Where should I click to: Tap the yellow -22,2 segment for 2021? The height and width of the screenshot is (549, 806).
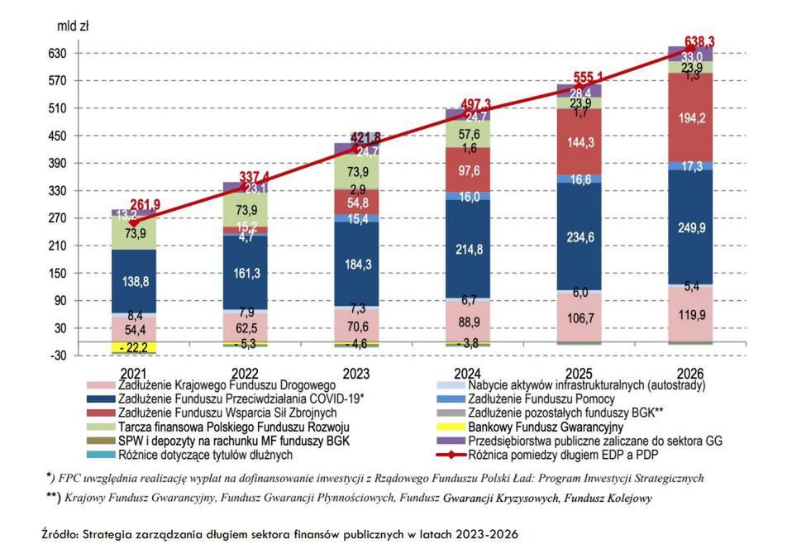(134, 347)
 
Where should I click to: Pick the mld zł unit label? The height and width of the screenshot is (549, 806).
(73, 26)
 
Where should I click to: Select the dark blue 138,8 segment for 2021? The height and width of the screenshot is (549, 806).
(134, 282)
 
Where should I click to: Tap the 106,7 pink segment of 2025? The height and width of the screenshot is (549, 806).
(578, 318)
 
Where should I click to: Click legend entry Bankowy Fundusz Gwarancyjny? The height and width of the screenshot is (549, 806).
(539, 427)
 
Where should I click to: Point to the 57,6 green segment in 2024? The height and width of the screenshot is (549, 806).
(467, 134)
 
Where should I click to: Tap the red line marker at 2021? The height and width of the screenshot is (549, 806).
(134, 223)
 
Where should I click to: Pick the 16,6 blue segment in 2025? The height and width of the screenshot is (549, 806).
(578, 179)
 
